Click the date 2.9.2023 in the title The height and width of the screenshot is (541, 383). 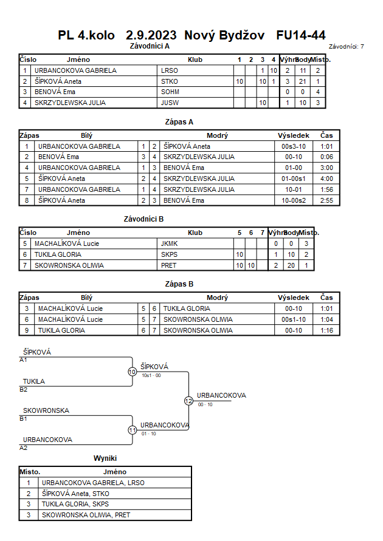click(151, 35)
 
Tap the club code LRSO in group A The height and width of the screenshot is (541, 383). click(169, 70)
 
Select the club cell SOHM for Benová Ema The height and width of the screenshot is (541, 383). click(170, 92)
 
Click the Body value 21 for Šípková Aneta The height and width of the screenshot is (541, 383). click(303, 81)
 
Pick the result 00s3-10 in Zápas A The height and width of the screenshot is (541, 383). click(294, 146)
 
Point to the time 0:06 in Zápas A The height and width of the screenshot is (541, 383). click(326, 157)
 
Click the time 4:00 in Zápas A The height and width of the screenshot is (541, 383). click(326, 179)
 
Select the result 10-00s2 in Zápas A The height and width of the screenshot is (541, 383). click(294, 200)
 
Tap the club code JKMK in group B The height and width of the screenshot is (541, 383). click(169, 243)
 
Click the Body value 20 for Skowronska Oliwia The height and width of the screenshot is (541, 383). click(291, 265)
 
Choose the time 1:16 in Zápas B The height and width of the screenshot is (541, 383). click(326, 330)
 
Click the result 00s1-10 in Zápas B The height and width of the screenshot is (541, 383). click(294, 319)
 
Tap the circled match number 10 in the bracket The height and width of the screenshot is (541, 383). click(133, 372)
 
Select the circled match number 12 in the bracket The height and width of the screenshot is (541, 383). click(188, 401)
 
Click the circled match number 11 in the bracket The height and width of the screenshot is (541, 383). click(133, 430)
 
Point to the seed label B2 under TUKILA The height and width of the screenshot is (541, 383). click(23, 390)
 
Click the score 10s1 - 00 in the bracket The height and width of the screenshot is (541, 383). click(151, 375)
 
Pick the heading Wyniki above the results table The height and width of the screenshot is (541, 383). click(105, 458)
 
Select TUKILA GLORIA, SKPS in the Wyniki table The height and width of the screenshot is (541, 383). click(75, 504)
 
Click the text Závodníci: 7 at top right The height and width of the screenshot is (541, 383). click(347, 47)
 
